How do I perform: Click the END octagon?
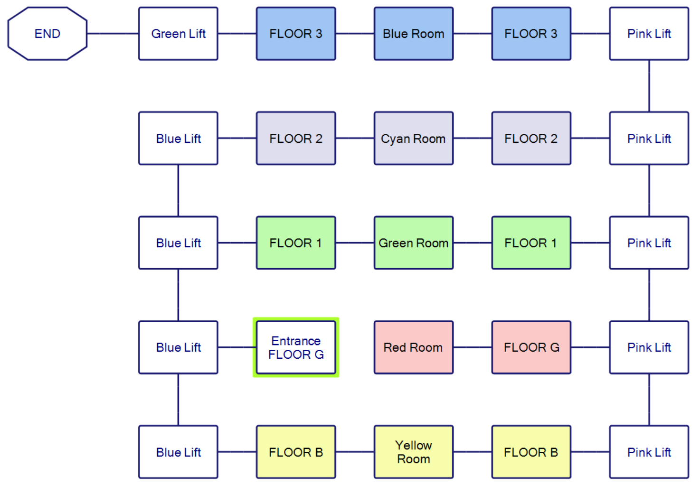47,34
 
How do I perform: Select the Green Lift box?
178,34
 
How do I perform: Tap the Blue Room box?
413,34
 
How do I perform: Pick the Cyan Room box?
413,139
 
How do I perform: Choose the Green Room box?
413,243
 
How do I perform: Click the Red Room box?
413,347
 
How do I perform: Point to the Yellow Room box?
413,452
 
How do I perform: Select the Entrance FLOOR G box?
296,347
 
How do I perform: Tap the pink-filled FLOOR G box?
531,347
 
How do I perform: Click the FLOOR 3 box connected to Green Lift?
296,34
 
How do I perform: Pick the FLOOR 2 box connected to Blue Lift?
296,139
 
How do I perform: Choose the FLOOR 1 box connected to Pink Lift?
531,243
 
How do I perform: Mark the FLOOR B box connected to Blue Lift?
296,452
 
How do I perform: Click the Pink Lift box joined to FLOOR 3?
649,34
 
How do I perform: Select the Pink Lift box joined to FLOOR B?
649,452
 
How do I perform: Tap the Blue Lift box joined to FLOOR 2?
178,139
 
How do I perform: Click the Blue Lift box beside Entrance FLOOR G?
178,347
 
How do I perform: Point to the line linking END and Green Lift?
113,34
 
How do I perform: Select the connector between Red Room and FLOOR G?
473,347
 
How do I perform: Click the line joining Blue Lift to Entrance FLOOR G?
237,347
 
